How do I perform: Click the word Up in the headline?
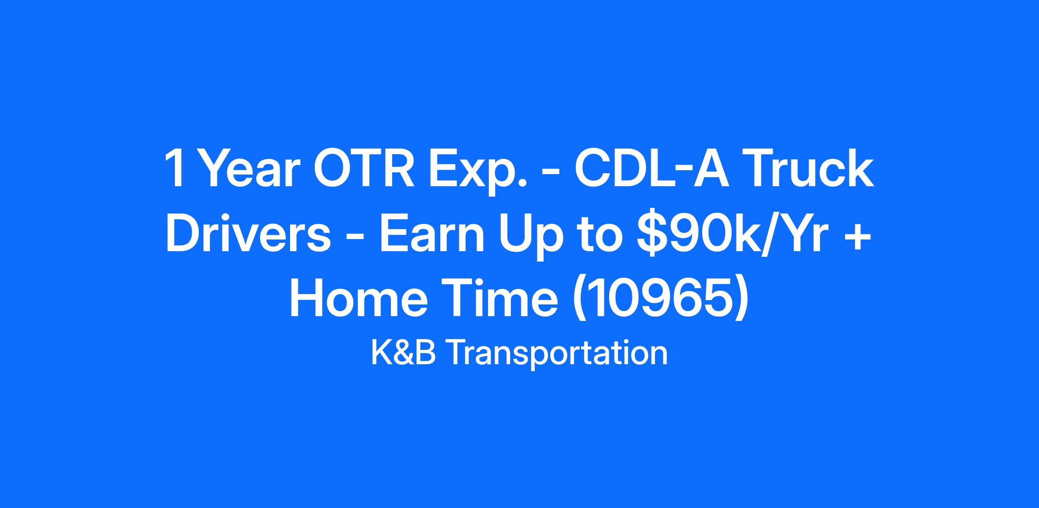529,238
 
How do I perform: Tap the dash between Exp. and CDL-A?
551,175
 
